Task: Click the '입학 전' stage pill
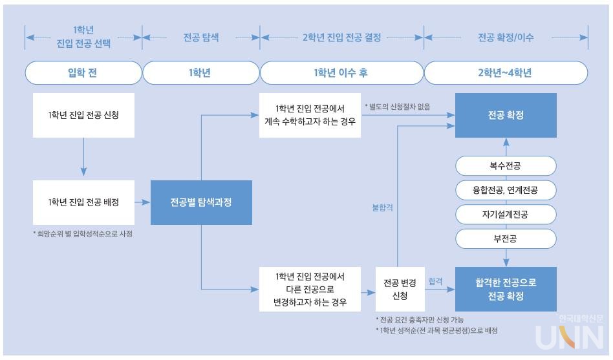point(83,73)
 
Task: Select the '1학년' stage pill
point(200,73)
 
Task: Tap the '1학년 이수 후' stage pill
point(341,73)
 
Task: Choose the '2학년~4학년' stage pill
point(505,73)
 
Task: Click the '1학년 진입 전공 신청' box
point(83,115)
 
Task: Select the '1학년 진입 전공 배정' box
point(83,202)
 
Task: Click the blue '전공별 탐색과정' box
point(200,202)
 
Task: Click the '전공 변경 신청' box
point(399,289)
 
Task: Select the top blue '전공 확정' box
point(506,115)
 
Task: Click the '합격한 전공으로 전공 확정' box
point(506,289)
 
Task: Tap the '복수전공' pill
point(505,166)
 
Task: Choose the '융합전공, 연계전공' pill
point(505,190)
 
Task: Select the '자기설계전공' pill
point(505,215)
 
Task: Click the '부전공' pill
point(505,238)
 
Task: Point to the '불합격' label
point(382,208)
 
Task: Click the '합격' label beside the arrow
point(435,282)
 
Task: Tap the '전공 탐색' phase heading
point(200,37)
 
